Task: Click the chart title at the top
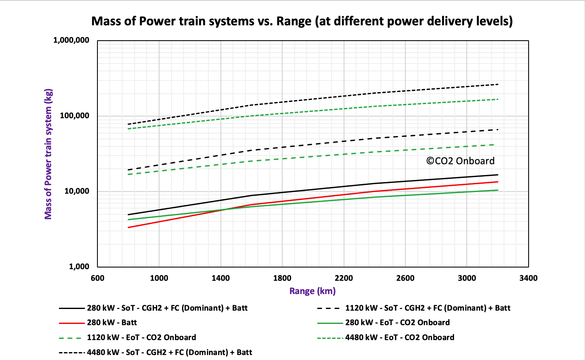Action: [302, 21]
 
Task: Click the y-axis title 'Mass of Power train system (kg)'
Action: [49, 153]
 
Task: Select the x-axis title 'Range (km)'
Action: [312, 291]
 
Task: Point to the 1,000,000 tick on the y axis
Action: [71, 40]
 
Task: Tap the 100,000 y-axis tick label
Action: [75, 116]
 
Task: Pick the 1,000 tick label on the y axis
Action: [79, 267]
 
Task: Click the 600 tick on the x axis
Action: [97, 278]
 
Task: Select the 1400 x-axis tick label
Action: [221, 278]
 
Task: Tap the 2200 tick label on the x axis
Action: [344, 278]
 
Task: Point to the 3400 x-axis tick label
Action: [528, 278]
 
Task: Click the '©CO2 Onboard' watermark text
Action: [460, 161]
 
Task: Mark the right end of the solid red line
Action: [498, 182]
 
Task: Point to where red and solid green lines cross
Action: [223, 209]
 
